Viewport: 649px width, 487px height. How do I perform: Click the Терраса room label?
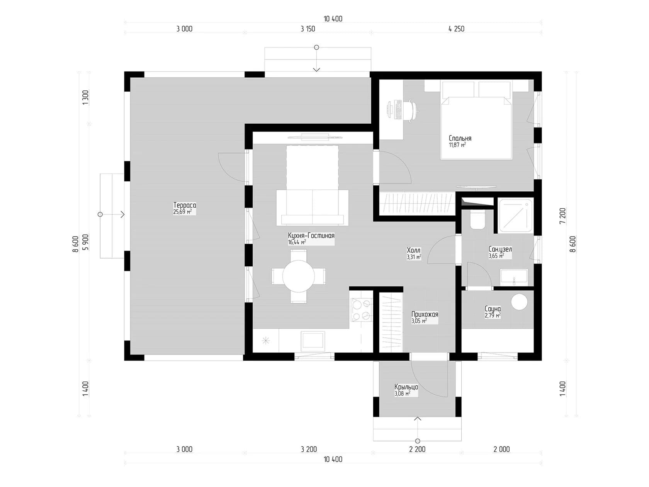pyautogui.click(x=185, y=205)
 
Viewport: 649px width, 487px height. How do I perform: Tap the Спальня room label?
pyautogui.click(x=460, y=138)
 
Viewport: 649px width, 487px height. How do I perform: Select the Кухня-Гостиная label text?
pyautogui.click(x=311, y=236)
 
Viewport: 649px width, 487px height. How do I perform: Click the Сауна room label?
pyautogui.click(x=493, y=309)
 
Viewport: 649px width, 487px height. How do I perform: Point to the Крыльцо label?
pyautogui.click(x=406, y=387)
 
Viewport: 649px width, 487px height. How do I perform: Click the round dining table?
pyautogui.click(x=298, y=276)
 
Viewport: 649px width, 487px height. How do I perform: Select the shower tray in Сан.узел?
pyautogui.click(x=516, y=216)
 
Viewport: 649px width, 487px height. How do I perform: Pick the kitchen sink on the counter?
pyautogui.click(x=313, y=341)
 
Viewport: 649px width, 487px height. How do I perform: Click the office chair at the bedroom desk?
pyautogui.click(x=412, y=110)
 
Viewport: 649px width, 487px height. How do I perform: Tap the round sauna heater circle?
pyautogui.click(x=519, y=301)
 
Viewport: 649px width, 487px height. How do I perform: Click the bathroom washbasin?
pyautogui.click(x=514, y=277)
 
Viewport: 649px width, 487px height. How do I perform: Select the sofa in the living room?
pyautogui.click(x=312, y=208)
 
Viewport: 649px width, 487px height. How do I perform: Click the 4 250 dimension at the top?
pyautogui.click(x=456, y=29)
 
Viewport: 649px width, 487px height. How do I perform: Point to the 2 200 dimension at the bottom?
pyautogui.click(x=417, y=449)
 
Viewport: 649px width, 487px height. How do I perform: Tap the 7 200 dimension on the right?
pyautogui.click(x=562, y=216)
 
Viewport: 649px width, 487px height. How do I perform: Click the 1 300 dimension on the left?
pyautogui.click(x=86, y=98)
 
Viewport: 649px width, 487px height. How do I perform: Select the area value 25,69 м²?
pyautogui.click(x=182, y=212)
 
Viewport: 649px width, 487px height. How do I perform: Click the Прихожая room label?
pyautogui.click(x=425, y=314)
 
